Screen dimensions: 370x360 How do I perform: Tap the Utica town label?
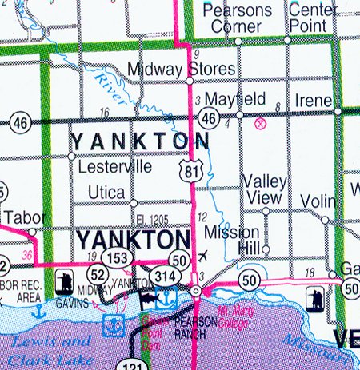tap(106, 193)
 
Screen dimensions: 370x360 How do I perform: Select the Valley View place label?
tap(264, 189)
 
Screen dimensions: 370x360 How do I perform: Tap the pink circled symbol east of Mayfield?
tap(259, 123)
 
